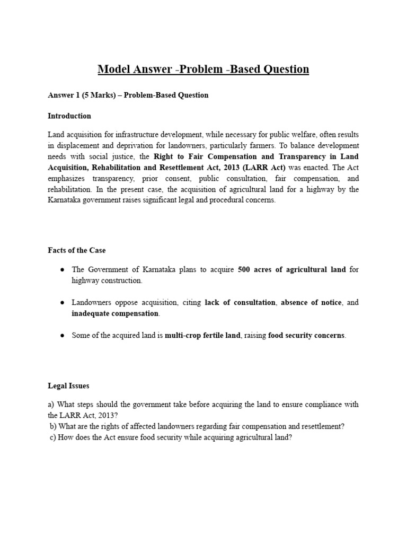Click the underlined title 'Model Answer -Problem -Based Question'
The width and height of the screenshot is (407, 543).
click(x=203, y=69)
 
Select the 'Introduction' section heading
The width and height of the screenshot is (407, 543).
click(x=69, y=116)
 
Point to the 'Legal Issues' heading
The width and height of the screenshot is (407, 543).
click(x=69, y=387)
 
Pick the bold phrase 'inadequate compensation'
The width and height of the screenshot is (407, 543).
click(x=115, y=313)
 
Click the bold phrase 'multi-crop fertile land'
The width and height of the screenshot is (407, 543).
click(x=202, y=336)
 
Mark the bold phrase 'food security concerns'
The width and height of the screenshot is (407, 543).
click(x=306, y=336)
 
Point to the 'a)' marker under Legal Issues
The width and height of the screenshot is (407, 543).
click(x=51, y=405)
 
